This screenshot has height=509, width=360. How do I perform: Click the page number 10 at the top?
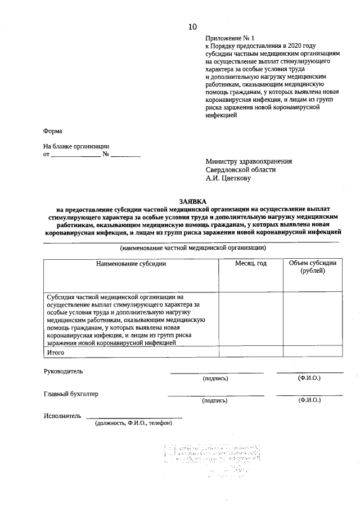[x=192, y=26]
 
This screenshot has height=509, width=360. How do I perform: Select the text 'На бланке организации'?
[x=76, y=146]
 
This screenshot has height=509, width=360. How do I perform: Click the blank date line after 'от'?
[x=76, y=154]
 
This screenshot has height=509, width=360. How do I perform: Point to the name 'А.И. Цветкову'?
[x=228, y=178]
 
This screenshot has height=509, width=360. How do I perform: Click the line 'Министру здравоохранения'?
[x=249, y=161]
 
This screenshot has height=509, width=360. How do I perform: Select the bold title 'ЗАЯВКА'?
[x=192, y=201]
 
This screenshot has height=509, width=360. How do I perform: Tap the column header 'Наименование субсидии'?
[x=131, y=263]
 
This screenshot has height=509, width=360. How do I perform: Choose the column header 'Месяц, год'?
[x=250, y=263]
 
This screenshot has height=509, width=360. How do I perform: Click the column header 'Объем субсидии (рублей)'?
[x=312, y=267]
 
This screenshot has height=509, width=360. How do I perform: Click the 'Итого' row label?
[x=56, y=353]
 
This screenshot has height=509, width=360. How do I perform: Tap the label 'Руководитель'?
[x=63, y=372]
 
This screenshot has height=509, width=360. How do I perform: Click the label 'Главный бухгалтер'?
[x=71, y=394]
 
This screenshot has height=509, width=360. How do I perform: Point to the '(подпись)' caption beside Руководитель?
[x=215, y=379]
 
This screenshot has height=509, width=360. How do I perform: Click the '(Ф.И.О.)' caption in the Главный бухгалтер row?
[x=309, y=400]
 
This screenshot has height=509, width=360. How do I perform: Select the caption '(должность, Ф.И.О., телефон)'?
[x=133, y=424]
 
